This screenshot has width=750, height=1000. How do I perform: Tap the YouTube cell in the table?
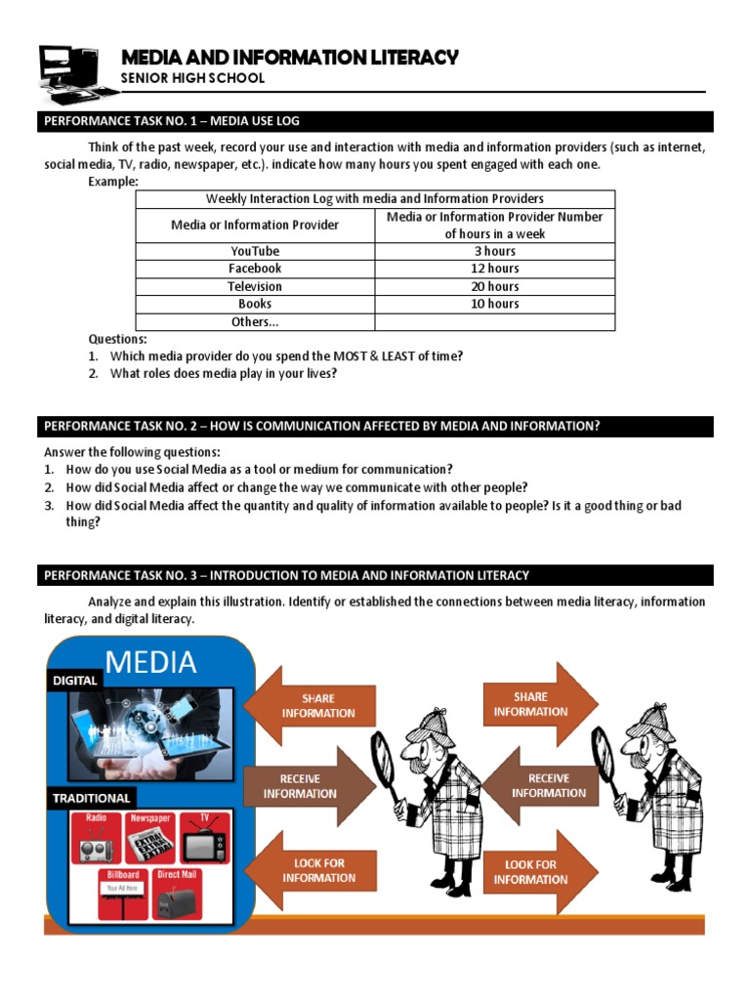tap(255, 251)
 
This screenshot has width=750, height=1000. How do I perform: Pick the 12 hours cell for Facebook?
tap(495, 269)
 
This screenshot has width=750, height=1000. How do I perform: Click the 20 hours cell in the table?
tap(495, 286)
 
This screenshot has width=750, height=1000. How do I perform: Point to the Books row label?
tap(255, 304)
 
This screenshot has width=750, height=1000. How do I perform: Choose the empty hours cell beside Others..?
tap(495, 321)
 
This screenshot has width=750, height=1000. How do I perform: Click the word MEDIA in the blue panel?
tap(150, 662)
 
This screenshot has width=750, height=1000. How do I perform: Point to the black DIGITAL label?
tap(74, 680)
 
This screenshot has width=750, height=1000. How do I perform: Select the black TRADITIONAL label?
tap(92, 798)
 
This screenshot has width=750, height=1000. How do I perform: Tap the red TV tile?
tap(206, 836)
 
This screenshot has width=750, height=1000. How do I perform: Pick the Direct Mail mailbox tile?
tap(177, 894)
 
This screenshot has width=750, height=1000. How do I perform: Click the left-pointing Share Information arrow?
tap(309, 705)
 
